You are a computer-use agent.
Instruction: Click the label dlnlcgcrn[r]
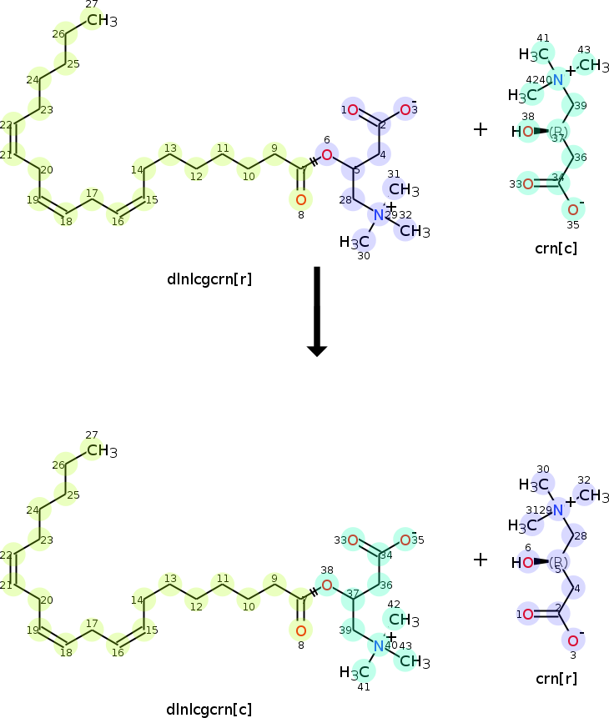click(x=209, y=279)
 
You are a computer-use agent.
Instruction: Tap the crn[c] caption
click(x=556, y=248)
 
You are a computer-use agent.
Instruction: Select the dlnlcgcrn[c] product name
click(x=209, y=710)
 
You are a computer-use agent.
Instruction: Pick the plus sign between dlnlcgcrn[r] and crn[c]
click(x=481, y=129)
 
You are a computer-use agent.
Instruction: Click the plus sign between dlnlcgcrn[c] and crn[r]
click(x=481, y=560)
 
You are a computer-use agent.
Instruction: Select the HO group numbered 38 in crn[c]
click(x=523, y=132)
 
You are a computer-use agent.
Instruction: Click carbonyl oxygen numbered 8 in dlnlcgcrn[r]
click(x=301, y=199)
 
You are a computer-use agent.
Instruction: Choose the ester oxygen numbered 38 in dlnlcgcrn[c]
click(x=326, y=585)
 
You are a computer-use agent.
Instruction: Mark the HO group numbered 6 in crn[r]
click(x=523, y=563)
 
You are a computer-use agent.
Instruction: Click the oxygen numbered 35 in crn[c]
click(x=572, y=209)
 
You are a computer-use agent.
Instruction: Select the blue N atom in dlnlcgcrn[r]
click(x=379, y=215)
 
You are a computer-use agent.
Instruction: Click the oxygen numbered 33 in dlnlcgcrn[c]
click(x=353, y=540)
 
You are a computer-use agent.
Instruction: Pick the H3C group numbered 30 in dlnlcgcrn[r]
click(x=355, y=242)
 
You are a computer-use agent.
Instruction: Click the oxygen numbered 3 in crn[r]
click(x=572, y=640)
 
